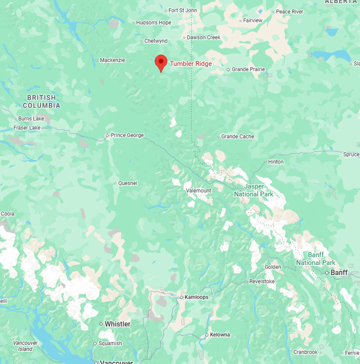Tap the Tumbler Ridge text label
point(190,64)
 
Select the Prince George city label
point(127,135)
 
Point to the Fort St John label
point(183,10)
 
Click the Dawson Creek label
point(204,38)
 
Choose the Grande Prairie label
point(248,69)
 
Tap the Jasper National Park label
point(253,190)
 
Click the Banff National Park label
point(315,259)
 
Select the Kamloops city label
point(196,297)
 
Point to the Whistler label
point(118,324)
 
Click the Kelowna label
point(220,335)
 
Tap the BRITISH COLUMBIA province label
point(42,102)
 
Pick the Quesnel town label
point(128,183)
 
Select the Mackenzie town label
point(112,60)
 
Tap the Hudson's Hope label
point(154,23)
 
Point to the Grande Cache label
point(237,137)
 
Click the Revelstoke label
point(262,282)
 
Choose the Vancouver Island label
point(25,346)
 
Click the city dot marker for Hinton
point(265,162)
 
